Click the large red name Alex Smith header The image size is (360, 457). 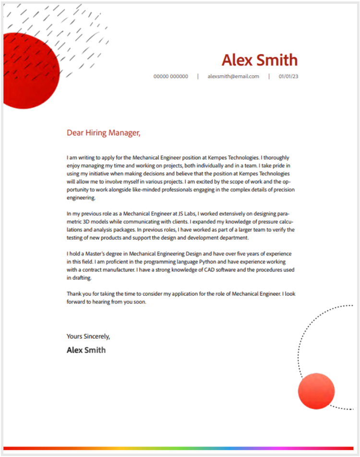259,60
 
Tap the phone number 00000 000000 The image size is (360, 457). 170,76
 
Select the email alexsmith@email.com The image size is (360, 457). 233,76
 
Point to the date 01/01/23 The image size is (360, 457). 288,76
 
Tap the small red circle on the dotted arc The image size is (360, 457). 316,391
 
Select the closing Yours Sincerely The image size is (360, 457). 88,336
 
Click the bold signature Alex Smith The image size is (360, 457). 86,350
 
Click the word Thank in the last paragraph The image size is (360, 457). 74,293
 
